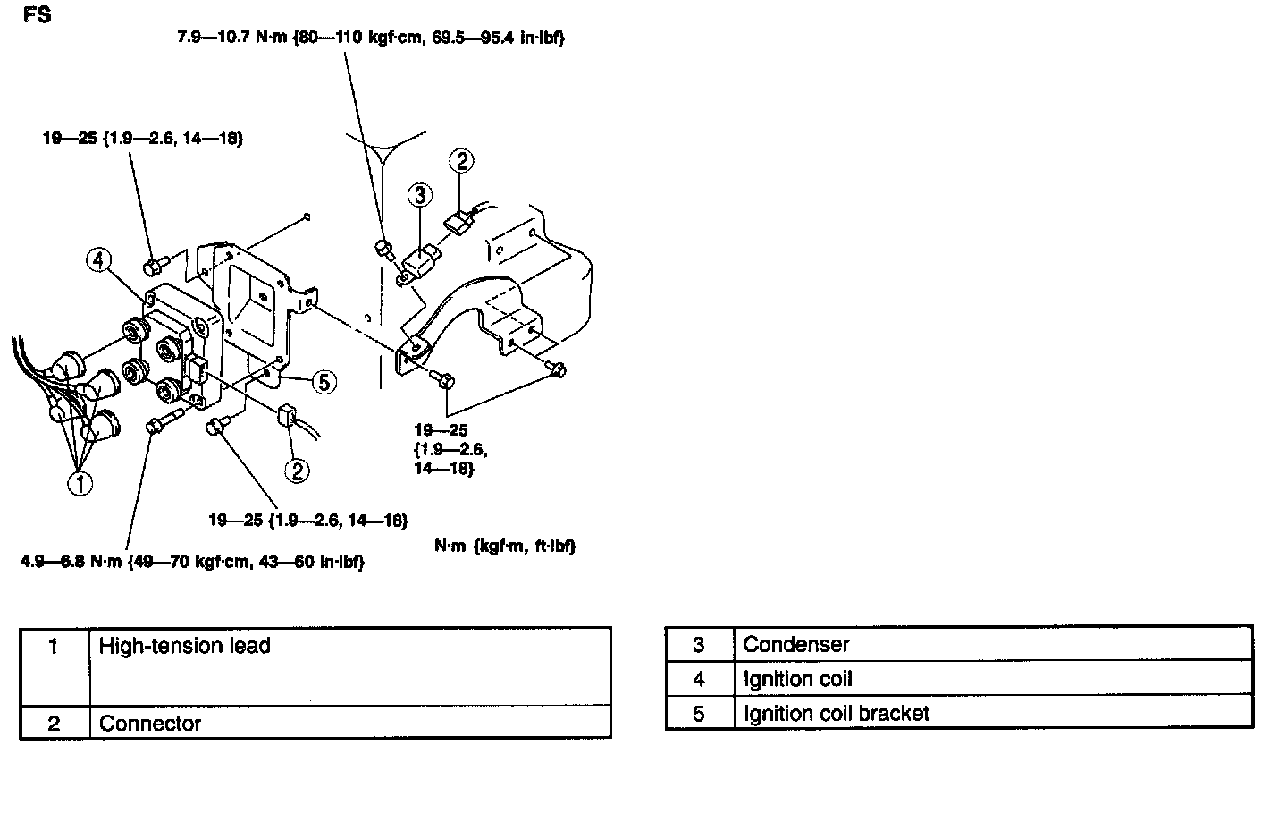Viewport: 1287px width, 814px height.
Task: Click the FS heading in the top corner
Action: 38,15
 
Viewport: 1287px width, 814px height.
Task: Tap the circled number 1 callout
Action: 80,483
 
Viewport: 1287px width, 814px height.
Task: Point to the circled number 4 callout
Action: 99,260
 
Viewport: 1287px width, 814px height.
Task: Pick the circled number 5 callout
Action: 324,382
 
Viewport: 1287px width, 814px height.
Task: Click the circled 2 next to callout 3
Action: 462,161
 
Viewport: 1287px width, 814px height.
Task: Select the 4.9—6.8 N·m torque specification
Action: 192,562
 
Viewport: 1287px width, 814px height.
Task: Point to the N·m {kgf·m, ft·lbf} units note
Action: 505,546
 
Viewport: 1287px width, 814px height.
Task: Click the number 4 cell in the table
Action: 699,679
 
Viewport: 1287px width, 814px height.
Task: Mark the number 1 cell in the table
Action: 54,646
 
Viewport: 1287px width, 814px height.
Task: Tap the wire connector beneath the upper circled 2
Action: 458,223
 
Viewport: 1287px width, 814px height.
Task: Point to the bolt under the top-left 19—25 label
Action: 152,266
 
